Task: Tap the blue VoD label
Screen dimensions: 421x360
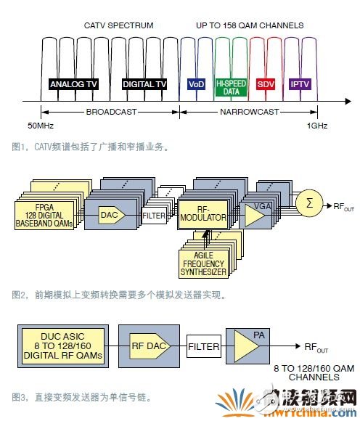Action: point(197,84)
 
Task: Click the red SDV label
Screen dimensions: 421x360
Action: point(265,84)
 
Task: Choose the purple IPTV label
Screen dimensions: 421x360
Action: point(300,84)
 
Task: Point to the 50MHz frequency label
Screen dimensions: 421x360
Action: point(41,126)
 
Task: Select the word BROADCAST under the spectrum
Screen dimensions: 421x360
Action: point(110,112)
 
